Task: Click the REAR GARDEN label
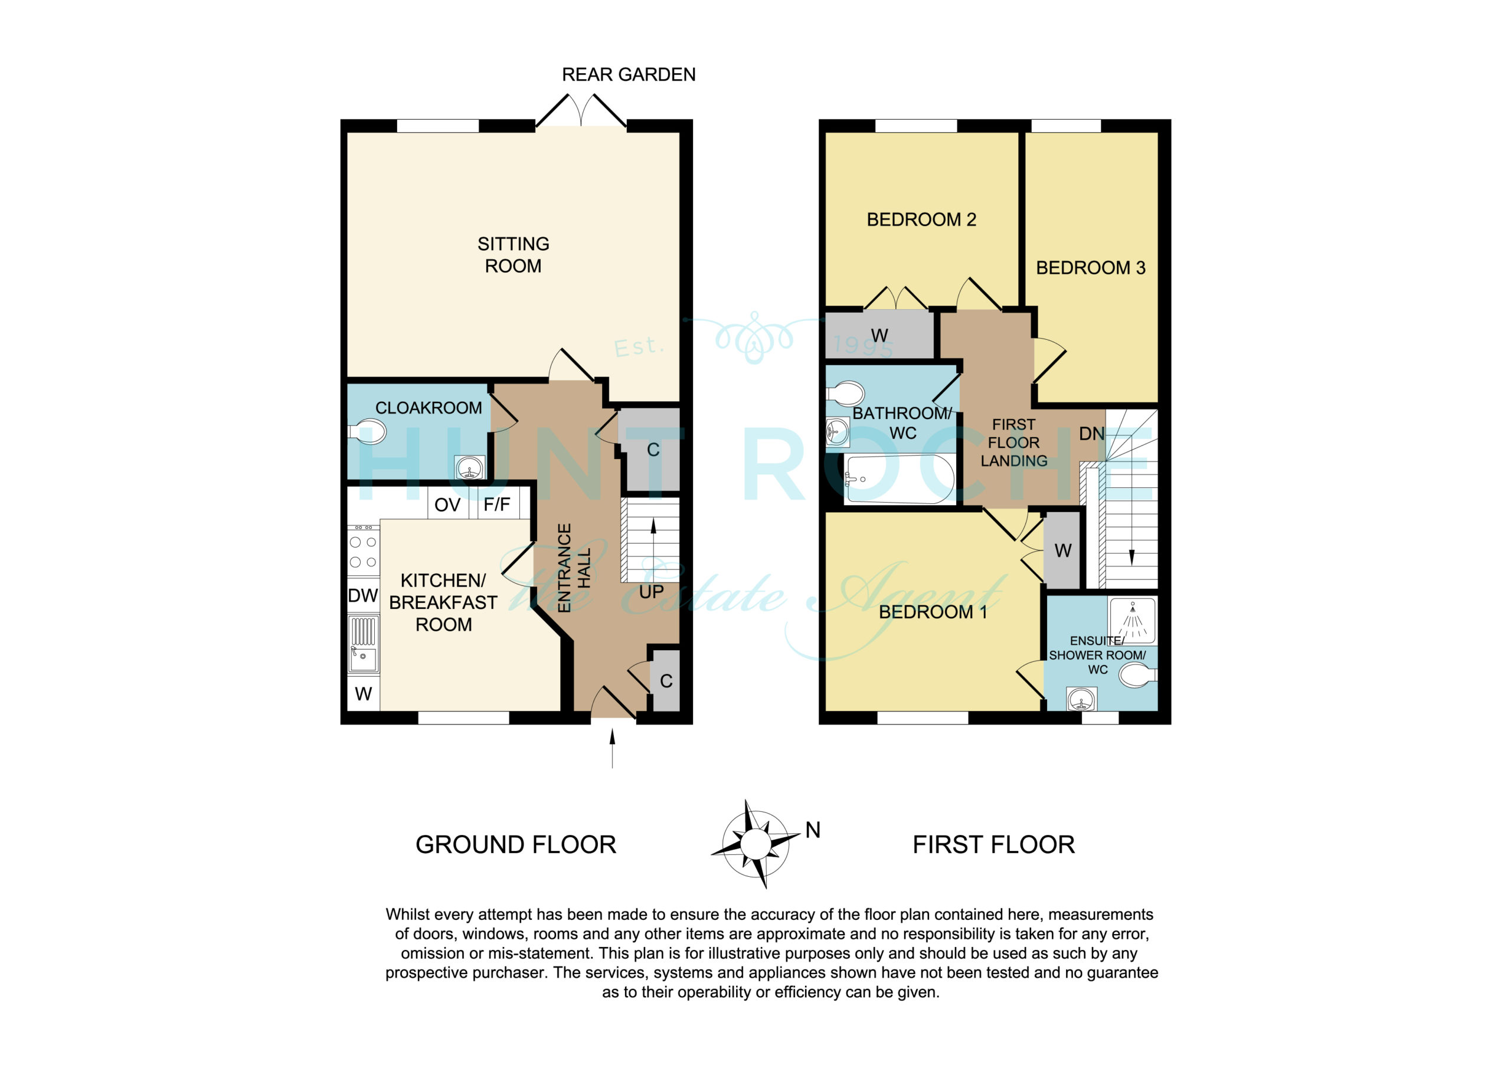tap(629, 74)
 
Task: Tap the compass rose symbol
tap(755, 844)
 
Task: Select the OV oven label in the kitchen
tap(447, 504)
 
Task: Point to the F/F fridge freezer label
tap(497, 504)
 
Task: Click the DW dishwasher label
tap(362, 595)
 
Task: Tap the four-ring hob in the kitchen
tap(363, 552)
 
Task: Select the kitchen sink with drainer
tap(363, 644)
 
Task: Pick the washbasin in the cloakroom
tap(470, 468)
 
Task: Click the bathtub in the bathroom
tap(900, 479)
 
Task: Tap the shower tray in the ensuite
tap(1133, 620)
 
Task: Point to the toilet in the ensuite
tap(1138, 675)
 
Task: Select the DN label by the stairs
tap(1092, 434)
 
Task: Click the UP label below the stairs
tap(652, 592)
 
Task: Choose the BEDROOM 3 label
tap(1091, 268)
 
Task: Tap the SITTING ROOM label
tap(514, 255)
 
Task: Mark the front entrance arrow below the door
tap(613, 748)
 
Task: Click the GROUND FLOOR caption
tap(516, 845)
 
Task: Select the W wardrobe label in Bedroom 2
tap(879, 336)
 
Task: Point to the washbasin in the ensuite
tap(1081, 699)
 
